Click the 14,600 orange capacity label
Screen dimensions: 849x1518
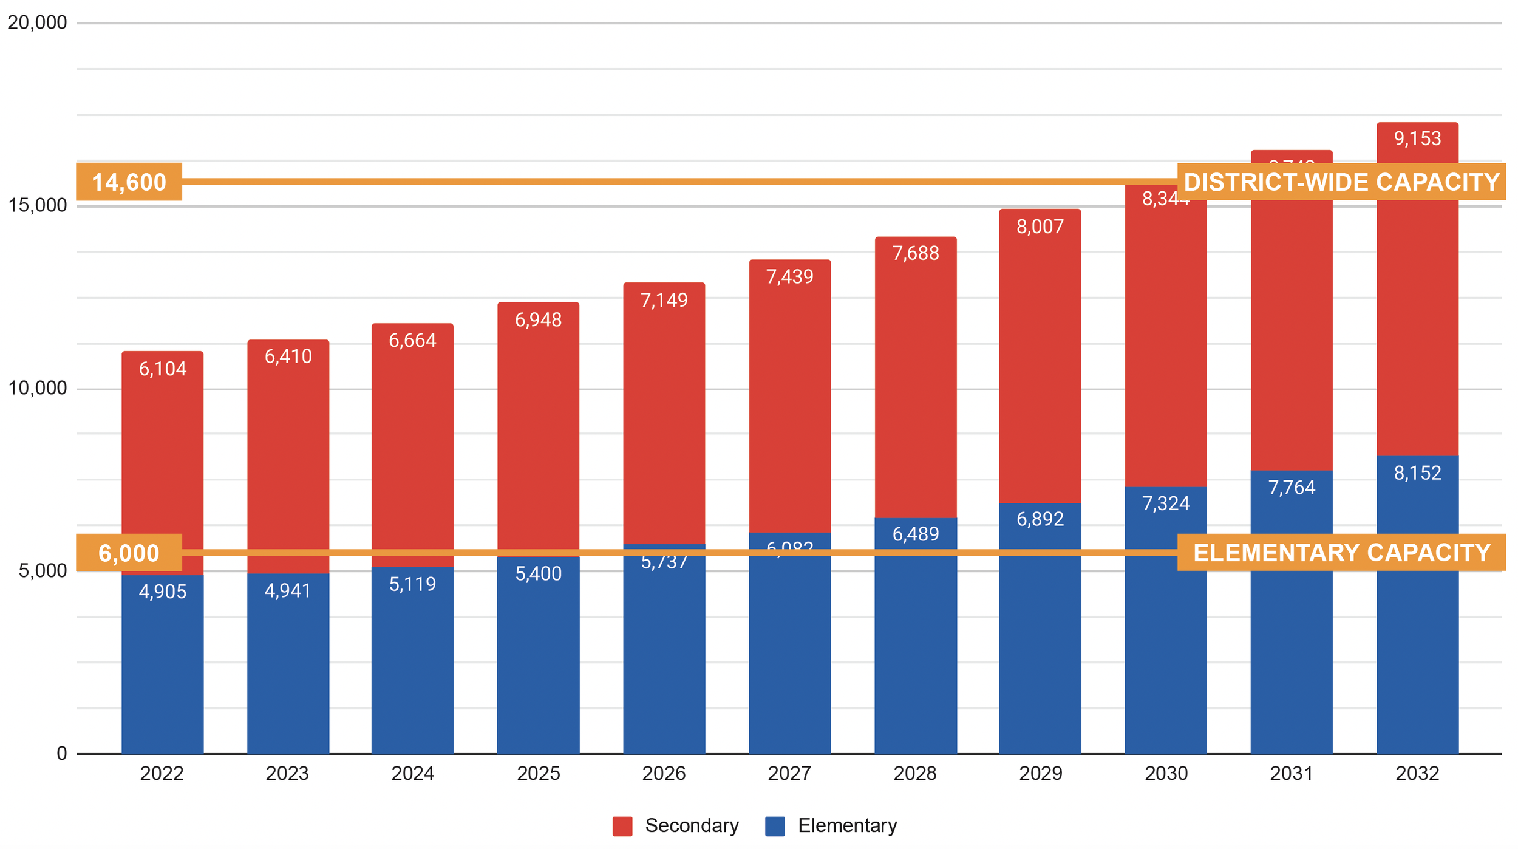click(x=129, y=182)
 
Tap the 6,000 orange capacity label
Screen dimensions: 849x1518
click(x=129, y=553)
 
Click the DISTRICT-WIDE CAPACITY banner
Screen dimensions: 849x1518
click(x=1341, y=182)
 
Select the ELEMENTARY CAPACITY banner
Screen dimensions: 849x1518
click(x=1341, y=553)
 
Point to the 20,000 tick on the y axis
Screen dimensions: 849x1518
click(x=36, y=22)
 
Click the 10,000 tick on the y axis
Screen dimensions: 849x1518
click(x=36, y=388)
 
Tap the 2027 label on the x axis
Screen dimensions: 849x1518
click(x=789, y=774)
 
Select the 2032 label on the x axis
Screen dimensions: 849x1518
click(x=1417, y=774)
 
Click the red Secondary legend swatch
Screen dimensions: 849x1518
click(x=622, y=826)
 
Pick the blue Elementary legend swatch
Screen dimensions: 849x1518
click(x=775, y=826)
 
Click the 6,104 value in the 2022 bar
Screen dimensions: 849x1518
click(x=162, y=369)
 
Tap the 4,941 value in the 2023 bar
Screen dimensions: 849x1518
click(x=288, y=591)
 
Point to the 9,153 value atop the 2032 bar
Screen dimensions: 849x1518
click(x=1417, y=139)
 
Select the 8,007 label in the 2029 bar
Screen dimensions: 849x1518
click(x=1040, y=227)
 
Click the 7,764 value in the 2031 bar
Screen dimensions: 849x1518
click(x=1292, y=488)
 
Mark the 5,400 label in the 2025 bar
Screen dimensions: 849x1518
click(x=538, y=574)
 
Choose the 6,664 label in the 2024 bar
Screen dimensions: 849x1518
click(x=412, y=341)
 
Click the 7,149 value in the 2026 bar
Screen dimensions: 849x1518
click(x=664, y=301)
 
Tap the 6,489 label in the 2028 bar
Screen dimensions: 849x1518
click(x=916, y=534)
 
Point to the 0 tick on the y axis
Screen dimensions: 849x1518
click(x=61, y=754)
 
